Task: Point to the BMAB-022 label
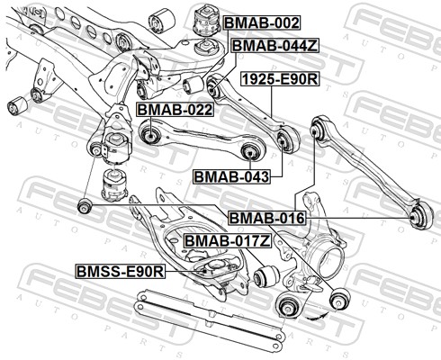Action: click(174, 110)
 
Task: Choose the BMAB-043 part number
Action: click(231, 175)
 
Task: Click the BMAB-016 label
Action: click(266, 218)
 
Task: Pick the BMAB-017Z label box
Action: click(227, 240)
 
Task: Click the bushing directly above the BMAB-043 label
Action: click(287, 138)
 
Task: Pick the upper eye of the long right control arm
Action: click(320, 126)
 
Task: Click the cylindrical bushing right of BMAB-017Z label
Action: click(264, 274)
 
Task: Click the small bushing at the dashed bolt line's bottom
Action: click(84, 206)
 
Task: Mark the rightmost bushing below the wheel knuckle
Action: click(340, 298)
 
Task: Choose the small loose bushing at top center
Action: click(165, 17)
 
